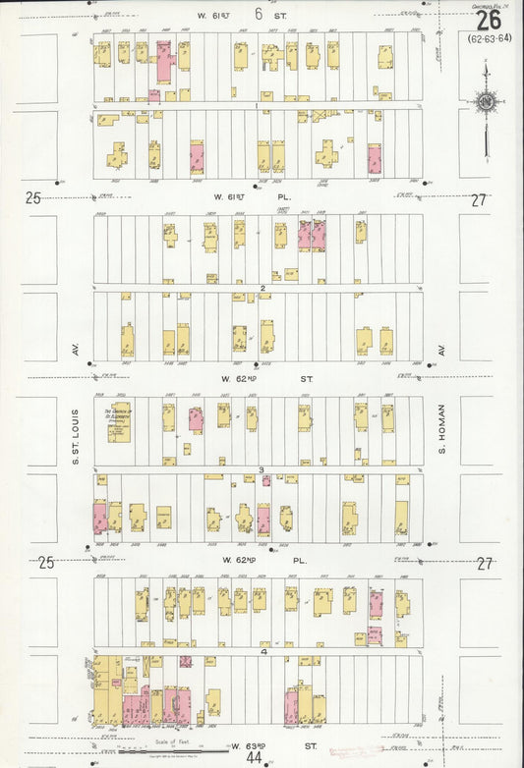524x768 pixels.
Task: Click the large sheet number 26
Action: pyautogui.click(x=488, y=21)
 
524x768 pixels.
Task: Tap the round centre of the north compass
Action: pyautogui.click(x=485, y=101)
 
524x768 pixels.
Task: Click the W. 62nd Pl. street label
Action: pyautogui.click(x=260, y=560)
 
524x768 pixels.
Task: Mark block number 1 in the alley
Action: pyautogui.click(x=257, y=105)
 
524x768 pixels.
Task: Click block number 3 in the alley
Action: pyautogui.click(x=262, y=469)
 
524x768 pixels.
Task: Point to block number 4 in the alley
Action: pyautogui.click(x=262, y=652)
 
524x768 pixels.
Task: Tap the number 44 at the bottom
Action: pyautogui.click(x=254, y=757)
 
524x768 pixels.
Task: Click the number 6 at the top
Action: pyautogui.click(x=259, y=14)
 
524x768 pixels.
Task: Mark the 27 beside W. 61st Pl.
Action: pyautogui.click(x=478, y=199)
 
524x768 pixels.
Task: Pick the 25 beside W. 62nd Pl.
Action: pyautogui.click(x=45, y=563)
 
